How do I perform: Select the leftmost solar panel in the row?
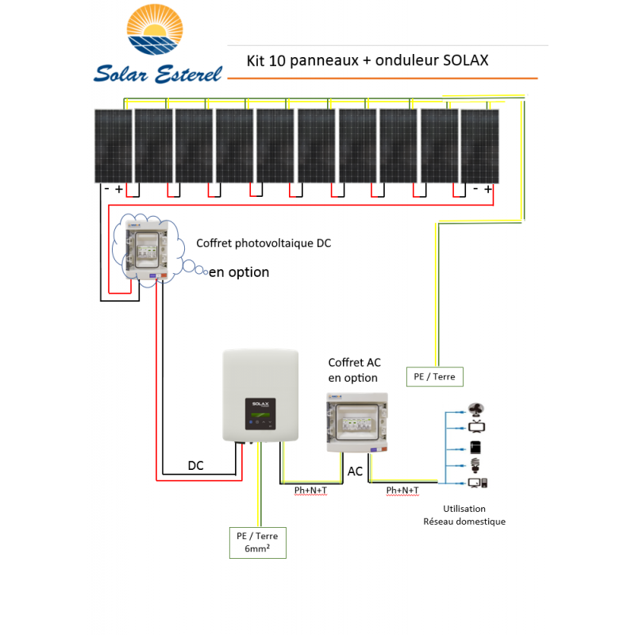pos(114,146)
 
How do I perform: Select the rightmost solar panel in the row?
pos(479,146)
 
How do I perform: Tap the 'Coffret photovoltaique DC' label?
pos(264,243)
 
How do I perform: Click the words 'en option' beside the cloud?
pos(239,272)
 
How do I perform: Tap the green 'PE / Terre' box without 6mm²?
pos(434,376)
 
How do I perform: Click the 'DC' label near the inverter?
pos(195,466)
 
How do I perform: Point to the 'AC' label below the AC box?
pos(355,471)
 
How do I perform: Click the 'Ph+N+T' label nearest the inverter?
pos(310,491)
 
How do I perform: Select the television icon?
pos(478,428)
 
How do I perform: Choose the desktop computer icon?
pos(478,483)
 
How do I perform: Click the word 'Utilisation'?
pos(464,509)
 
